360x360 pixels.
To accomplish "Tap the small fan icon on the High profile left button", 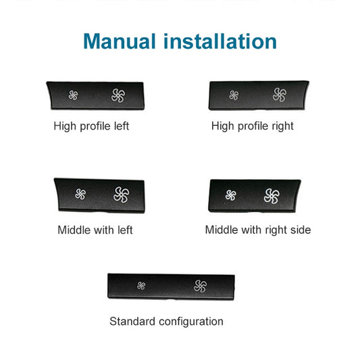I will pyautogui.click(x=74, y=95).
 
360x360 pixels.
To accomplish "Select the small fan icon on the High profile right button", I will pyautogui.click(x=234, y=95).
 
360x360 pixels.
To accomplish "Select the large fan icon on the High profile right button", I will pyautogui.click(x=279, y=95).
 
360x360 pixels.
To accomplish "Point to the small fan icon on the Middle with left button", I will pyautogui.click(x=80, y=195).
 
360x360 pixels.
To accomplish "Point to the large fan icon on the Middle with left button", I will pyautogui.click(x=122, y=195).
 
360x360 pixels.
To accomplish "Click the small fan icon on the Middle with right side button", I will pyautogui.click(x=231, y=196).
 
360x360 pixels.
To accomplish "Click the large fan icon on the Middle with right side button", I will pyautogui.click(x=272, y=196).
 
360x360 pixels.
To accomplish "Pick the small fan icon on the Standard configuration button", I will pyautogui.click(x=141, y=286).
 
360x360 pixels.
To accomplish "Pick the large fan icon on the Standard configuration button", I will pyautogui.click(x=199, y=286).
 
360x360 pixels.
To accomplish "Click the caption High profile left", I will pyautogui.click(x=91, y=126).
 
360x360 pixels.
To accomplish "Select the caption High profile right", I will pyautogui.click(x=253, y=126).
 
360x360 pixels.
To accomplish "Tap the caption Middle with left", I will pyautogui.click(x=95, y=230).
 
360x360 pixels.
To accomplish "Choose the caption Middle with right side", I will pyautogui.click(x=258, y=230).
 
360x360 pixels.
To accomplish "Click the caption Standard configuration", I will pyautogui.click(x=166, y=321).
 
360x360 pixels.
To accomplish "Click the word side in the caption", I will pyautogui.click(x=299, y=230).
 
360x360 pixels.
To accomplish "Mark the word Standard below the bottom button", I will pyautogui.click(x=131, y=321).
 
